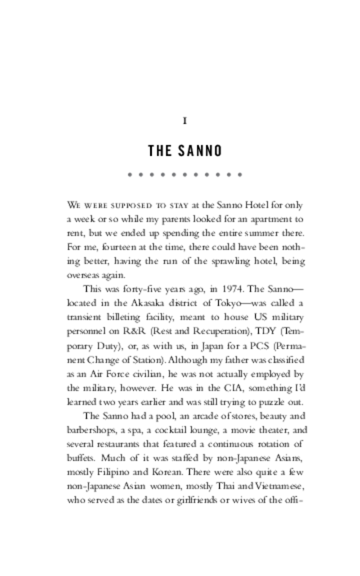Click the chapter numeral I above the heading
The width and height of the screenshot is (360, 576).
click(x=185, y=121)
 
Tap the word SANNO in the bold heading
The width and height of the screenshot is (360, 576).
click(x=200, y=151)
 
